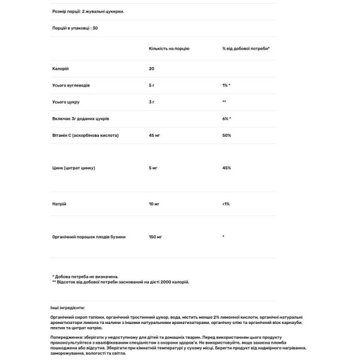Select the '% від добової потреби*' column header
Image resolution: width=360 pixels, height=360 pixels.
coord(245,47)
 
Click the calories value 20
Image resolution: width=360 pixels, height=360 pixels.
coord(152,68)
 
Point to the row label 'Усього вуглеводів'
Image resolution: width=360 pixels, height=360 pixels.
coord(71,85)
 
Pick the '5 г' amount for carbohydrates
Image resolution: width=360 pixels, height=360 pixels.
coord(152,85)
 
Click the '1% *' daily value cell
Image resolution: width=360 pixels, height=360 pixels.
coord(226,85)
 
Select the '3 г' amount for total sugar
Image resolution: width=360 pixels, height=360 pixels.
coord(152,102)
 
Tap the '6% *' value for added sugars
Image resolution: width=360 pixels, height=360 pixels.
coord(226,119)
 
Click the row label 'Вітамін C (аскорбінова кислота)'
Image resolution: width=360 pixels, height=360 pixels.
coord(86,136)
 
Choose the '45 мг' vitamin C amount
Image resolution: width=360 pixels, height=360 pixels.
coord(155,136)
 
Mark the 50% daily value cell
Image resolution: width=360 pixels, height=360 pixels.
coord(226,136)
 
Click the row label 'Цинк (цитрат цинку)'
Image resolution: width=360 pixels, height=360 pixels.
coord(74,168)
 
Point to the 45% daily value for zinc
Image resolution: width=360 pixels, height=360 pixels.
coord(226,168)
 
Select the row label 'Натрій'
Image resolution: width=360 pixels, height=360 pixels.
coord(59,204)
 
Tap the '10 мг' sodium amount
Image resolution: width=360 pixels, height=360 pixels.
coord(155,204)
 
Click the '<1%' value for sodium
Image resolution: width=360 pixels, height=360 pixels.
coord(226,204)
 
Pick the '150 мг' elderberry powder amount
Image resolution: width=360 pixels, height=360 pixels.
coord(156,236)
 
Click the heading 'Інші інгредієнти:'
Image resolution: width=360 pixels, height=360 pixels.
coord(68,307)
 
